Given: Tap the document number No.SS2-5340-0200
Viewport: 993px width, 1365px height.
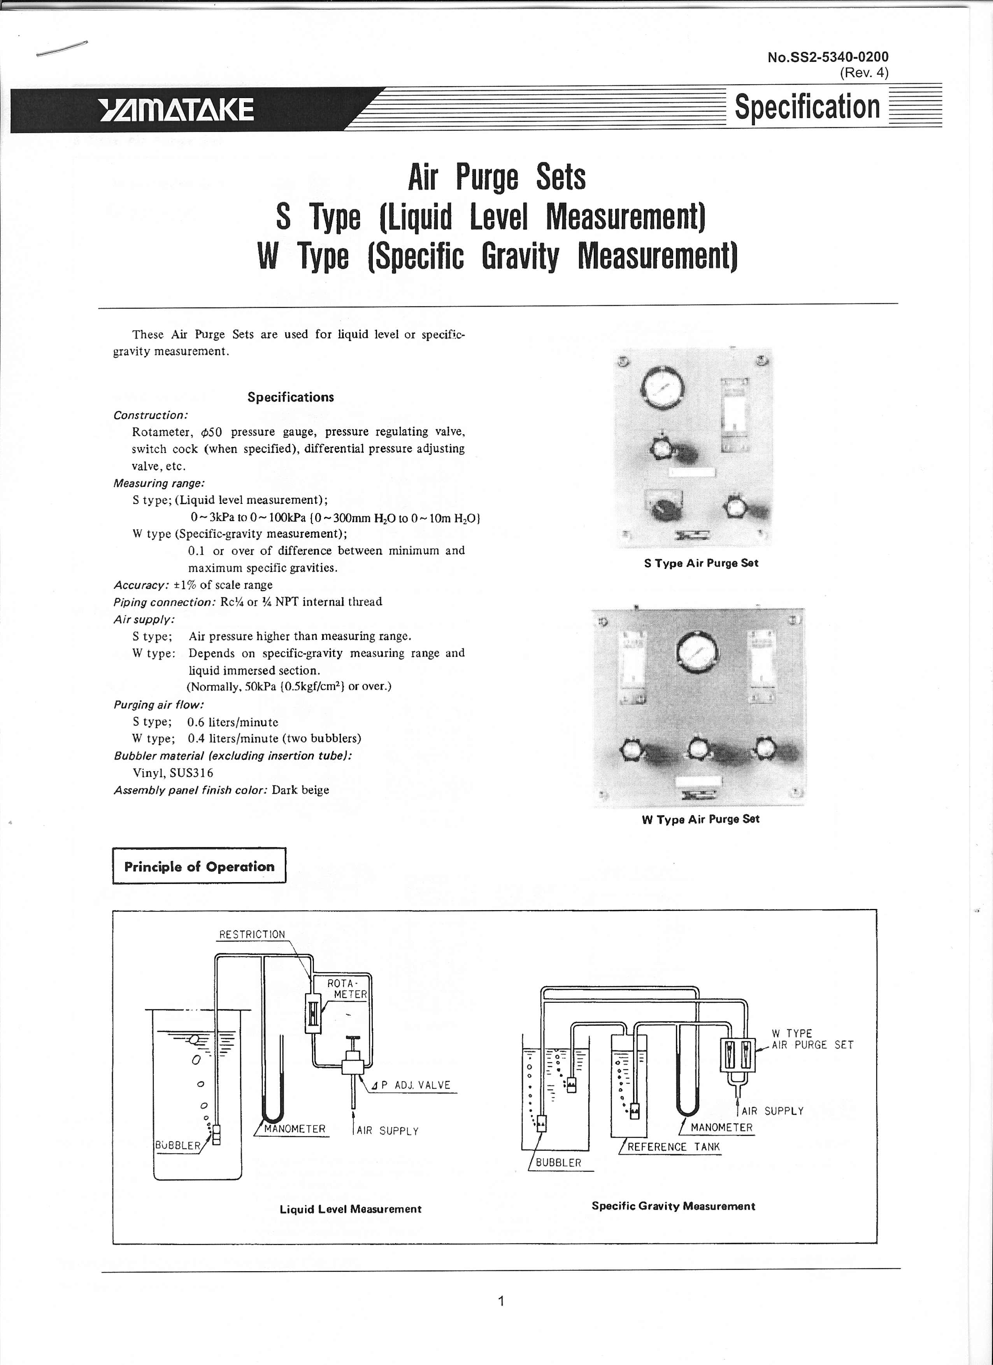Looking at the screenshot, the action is [828, 57].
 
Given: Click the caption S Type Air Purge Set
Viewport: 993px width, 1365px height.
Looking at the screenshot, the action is [701, 563].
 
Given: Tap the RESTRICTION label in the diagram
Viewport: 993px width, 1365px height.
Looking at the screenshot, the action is [252, 935].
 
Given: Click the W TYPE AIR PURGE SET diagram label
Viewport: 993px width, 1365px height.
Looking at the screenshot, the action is [812, 1039].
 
